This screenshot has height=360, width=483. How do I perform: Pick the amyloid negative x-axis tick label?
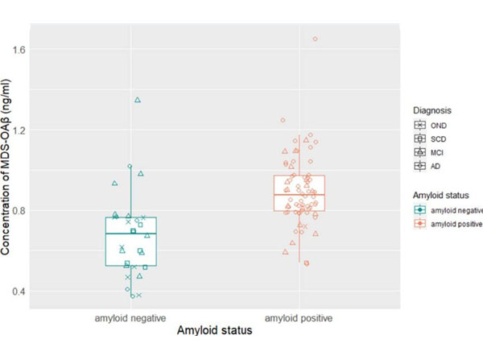point(130,317)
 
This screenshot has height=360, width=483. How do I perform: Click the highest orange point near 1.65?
point(315,39)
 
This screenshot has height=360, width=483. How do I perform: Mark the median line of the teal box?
point(130,233)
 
